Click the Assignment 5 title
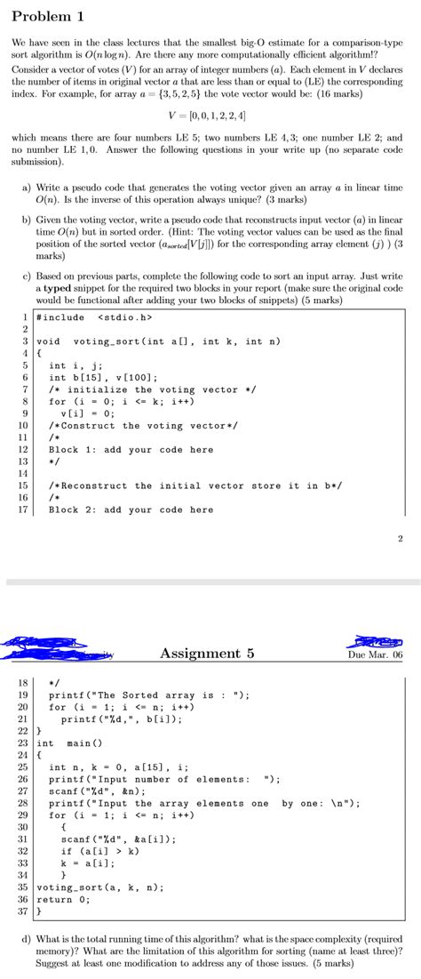(x=207, y=654)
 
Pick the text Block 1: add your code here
(x=131, y=449)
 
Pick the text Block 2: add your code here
(x=131, y=510)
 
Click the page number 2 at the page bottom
(x=401, y=538)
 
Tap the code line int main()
(x=70, y=742)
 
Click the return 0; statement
(x=67, y=899)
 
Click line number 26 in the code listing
(x=23, y=779)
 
